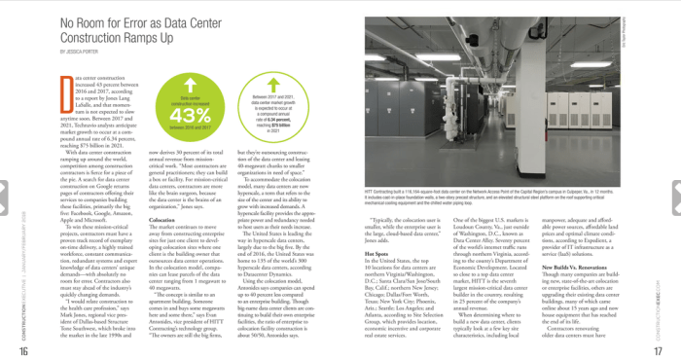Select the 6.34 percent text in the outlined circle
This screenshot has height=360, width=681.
click(x=273, y=119)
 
